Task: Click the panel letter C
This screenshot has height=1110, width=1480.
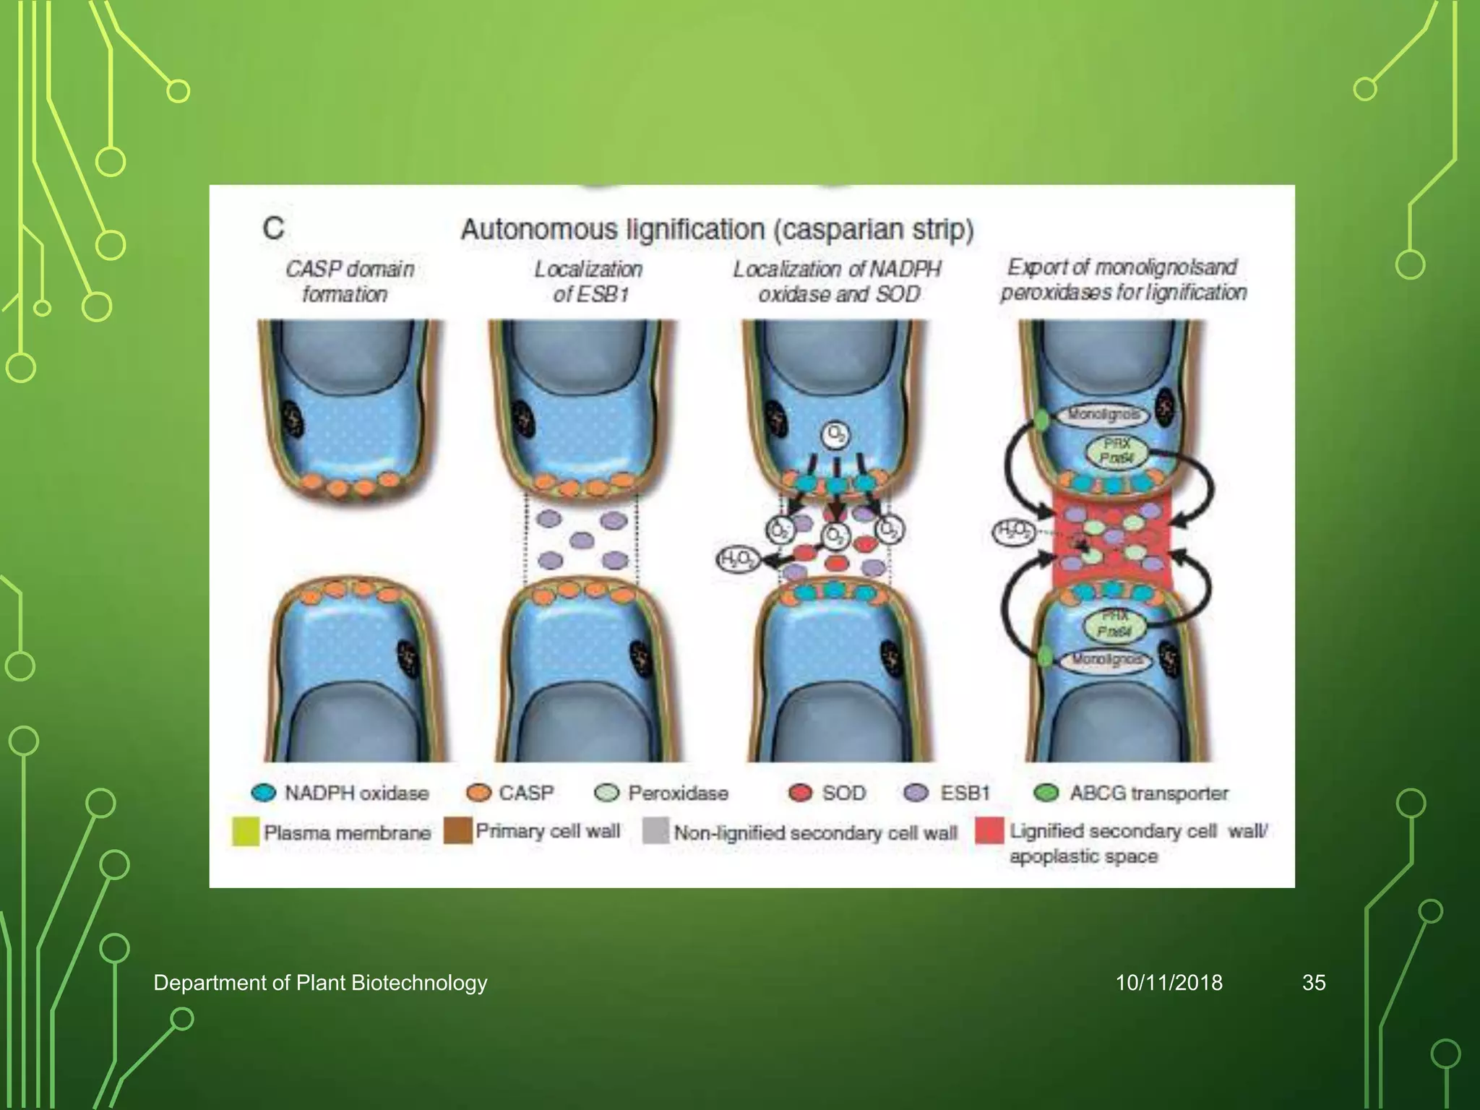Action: [x=273, y=229]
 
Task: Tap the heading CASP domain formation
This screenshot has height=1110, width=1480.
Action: [x=348, y=281]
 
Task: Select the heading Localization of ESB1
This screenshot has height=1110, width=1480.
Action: [x=588, y=281]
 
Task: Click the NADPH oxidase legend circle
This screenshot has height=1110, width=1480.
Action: [x=264, y=793]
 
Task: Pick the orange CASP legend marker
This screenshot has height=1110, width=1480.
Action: [x=478, y=793]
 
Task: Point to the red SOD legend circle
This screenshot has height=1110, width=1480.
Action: [x=800, y=793]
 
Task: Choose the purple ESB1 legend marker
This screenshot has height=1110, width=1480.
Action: [x=916, y=793]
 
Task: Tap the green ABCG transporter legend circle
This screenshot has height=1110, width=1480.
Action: [x=1046, y=793]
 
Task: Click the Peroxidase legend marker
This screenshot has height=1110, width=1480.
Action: [x=606, y=793]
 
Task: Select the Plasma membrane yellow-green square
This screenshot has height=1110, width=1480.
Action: [x=245, y=832]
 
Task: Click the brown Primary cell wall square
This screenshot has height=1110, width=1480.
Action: [x=457, y=831]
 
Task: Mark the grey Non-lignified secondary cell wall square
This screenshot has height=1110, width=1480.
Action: [x=655, y=831]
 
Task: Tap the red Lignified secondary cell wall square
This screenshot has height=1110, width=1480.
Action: [x=989, y=831]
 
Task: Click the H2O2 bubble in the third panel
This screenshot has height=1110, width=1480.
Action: [x=736, y=560]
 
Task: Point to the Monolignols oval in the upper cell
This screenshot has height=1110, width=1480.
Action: [x=1104, y=415]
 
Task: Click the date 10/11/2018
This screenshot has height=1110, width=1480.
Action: [x=1169, y=983]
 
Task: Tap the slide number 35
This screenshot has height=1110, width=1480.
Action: [x=1313, y=983]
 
